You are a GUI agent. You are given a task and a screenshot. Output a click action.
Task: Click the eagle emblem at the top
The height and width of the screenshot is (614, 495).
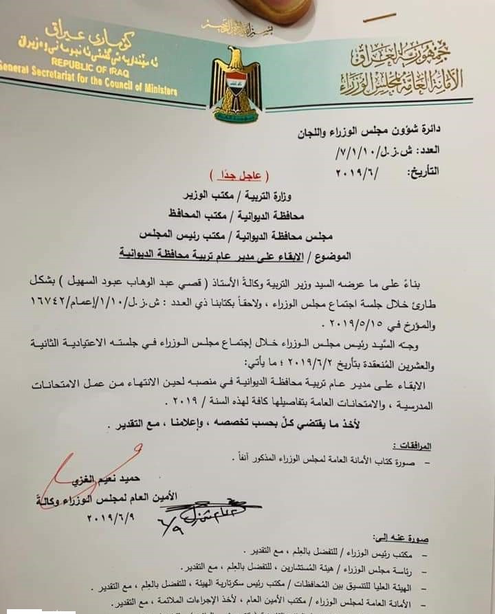click(235, 85)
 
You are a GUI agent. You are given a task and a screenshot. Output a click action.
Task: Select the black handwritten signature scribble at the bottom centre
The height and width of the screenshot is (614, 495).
click(206, 512)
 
